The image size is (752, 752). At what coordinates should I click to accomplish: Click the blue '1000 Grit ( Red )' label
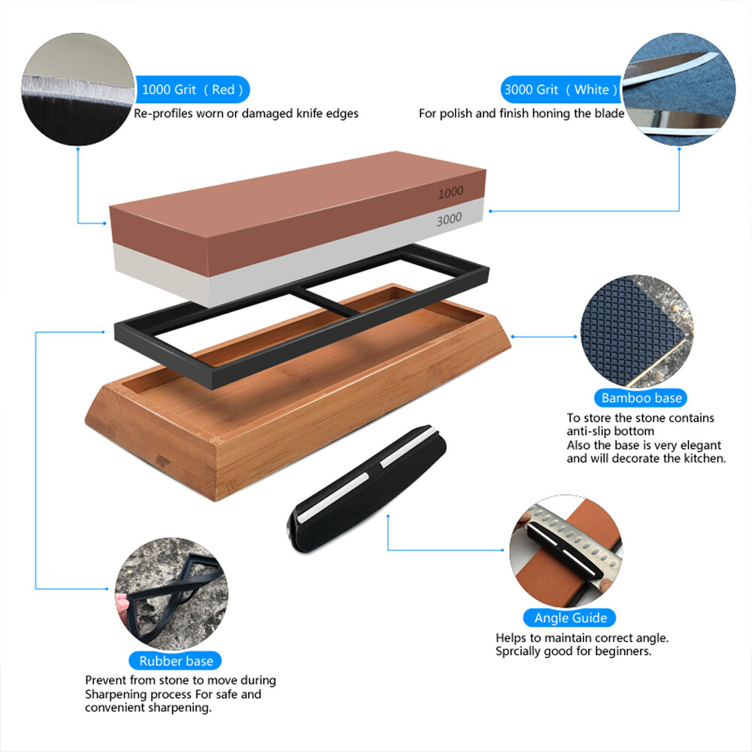click(x=192, y=89)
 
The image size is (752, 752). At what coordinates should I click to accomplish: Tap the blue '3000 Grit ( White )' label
click(x=560, y=89)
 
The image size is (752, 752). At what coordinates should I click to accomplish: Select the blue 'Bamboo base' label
click(x=641, y=398)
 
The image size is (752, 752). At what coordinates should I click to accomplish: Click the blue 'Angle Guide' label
click(x=571, y=618)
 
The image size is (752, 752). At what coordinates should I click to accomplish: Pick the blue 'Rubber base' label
click(x=176, y=661)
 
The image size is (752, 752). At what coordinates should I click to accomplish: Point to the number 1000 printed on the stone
click(x=450, y=193)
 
